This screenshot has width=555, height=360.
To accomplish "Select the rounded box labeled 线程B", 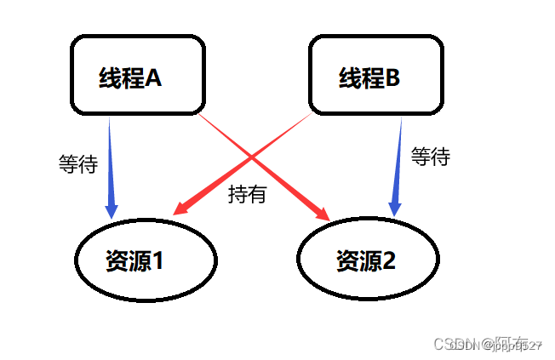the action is pos(376,75).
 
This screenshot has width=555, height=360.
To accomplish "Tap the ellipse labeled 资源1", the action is pos(146,260).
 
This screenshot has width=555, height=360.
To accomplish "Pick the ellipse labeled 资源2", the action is pos(369,260).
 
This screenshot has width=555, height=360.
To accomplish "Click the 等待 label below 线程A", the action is pos(78,164).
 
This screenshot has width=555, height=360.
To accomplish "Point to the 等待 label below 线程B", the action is pos(430,157).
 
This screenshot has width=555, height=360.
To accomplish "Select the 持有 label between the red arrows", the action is pos(247,194).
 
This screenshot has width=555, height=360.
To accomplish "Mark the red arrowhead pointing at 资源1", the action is pos(181,208).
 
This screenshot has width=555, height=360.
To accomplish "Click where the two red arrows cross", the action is pos(253,158).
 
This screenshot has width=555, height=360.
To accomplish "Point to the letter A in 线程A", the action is pos(153,78).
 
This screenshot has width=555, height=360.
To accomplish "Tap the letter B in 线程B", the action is pos(392,78).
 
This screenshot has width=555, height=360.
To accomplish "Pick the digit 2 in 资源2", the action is pos(387,260).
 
